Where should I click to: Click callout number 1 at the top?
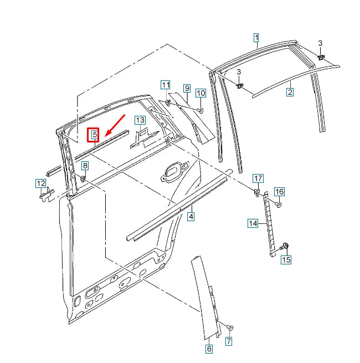click(x=256, y=38)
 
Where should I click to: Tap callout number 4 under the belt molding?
click(x=191, y=217)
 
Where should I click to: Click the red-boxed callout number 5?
click(x=95, y=134)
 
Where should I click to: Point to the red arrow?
click(x=114, y=125)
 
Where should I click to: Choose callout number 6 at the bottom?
click(x=209, y=349)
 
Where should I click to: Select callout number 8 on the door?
click(x=85, y=166)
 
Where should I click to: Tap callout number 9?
click(x=187, y=89)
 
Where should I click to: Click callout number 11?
click(x=166, y=85)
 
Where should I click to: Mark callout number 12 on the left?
click(x=41, y=183)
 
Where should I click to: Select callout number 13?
click(x=140, y=120)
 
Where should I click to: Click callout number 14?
click(x=253, y=223)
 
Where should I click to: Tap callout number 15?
click(x=286, y=259)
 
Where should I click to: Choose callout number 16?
click(x=279, y=192)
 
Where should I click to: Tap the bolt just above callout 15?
click(x=286, y=246)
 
